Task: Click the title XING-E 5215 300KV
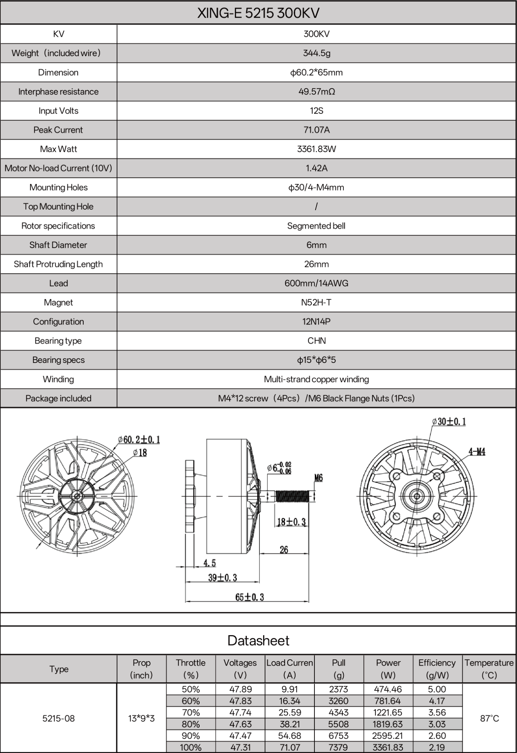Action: [258, 13]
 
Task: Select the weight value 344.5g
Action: [316, 53]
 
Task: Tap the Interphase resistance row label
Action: [58, 91]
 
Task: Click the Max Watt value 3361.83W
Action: [316, 149]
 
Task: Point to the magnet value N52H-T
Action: [316, 302]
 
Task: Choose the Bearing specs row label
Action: [58, 360]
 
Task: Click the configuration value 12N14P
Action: [316, 322]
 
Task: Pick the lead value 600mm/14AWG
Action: [316, 283]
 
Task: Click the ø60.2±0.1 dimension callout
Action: [139, 439]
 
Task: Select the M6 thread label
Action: [318, 478]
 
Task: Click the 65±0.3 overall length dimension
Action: [249, 597]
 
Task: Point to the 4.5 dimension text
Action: [209, 563]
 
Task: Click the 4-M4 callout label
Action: [477, 451]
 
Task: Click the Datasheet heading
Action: [258, 640]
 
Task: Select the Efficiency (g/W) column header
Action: [437, 669]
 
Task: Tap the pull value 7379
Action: [339, 747]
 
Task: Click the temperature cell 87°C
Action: [489, 718]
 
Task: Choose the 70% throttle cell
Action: [191, 712]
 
